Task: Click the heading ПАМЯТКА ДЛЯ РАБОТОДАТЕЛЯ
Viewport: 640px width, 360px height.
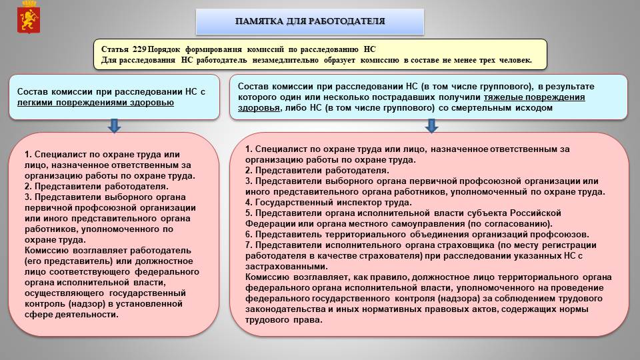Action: tap(310, 21)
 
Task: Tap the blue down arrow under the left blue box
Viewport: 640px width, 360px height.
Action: tap(115, 125)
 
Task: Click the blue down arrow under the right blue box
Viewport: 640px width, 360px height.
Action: tap(431, 125)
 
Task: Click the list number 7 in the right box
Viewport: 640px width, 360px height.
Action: tap(248, 245)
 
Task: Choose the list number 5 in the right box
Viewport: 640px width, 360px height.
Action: tap(248, 213)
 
